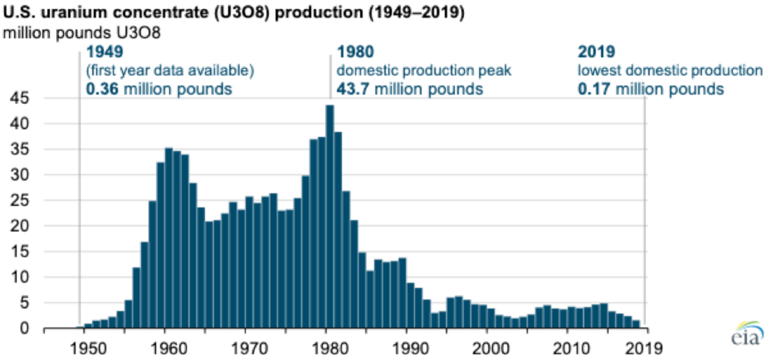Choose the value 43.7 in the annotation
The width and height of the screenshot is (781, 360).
point(354,89)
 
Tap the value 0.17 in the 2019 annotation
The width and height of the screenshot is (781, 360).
point(594,89)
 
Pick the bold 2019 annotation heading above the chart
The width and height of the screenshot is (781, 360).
point(596,51)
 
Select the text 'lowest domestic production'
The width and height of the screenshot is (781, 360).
point(670,70)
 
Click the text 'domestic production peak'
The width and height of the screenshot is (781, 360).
point(424,70)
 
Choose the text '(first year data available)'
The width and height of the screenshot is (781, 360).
point(170,70)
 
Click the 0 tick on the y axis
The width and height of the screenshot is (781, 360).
point(23,328)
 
